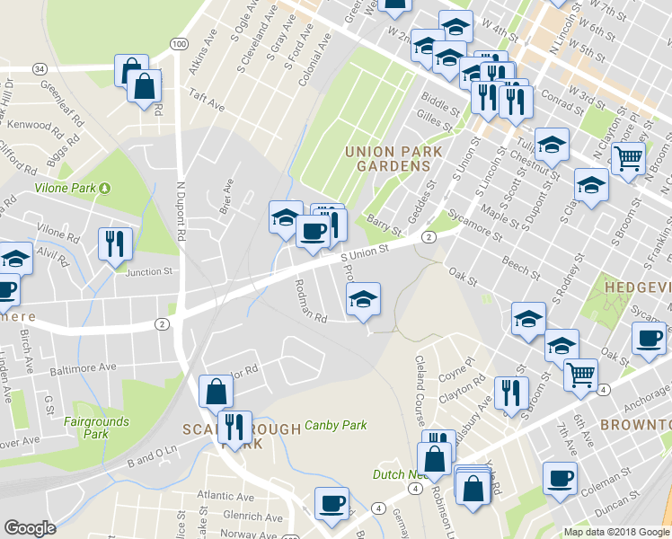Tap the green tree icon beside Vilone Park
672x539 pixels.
click(x=105, y=188)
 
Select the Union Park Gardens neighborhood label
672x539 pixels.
click(x=393, y=159)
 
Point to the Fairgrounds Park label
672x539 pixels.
click(x=96, y=428)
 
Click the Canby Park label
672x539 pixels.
click(x=337, y=426)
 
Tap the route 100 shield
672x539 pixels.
click(x=179, y=43)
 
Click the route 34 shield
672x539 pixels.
click(x=39, y=68)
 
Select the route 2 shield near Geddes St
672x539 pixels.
click(x=429, y=237)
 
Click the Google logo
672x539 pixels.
click(x=30, y=528)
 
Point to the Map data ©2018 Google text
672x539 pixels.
click(x=615, y=532)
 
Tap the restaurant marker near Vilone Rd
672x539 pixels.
click(x=115, y=243)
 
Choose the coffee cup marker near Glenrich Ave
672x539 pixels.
click(x=331, y=503)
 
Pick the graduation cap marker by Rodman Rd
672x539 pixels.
click(x=363, y=299)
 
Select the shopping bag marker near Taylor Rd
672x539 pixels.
click(x=216, y=392)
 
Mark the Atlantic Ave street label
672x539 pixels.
click(x=226, y=495)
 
